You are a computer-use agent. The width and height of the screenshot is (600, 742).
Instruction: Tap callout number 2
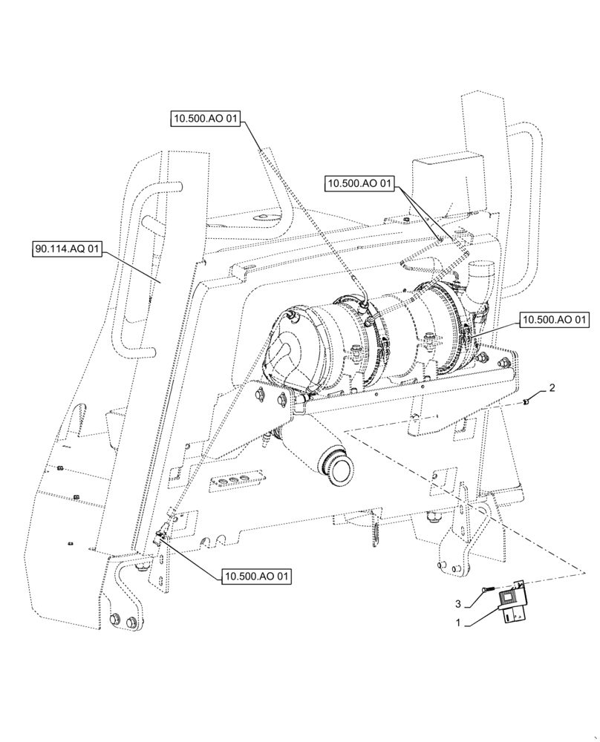(x=552, y=387)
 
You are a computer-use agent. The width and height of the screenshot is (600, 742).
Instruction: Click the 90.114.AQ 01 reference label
(x=67, y=249)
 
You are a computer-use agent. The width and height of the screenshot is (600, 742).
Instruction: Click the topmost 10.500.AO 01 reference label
(x=206, y=119)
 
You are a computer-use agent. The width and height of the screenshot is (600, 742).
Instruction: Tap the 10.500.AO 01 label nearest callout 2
(x=555, y=320)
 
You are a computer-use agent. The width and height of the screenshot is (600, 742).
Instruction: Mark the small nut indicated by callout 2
(x=526, y=401)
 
